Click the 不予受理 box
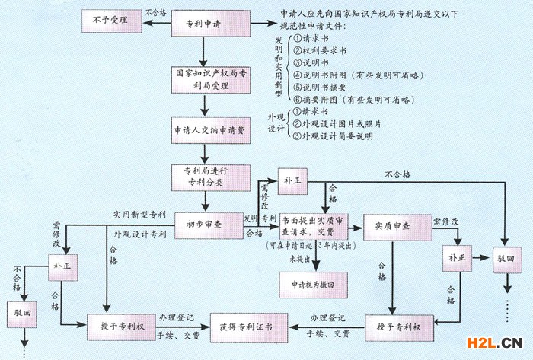[x=112, y=22]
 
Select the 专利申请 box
[x=204, y=24]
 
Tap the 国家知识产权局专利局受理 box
[x=204, y=79]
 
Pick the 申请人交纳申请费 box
[x=204, y=130]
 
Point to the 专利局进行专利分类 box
[x=204, y=177]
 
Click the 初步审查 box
[x=204, y=225]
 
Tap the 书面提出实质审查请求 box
[x=312, y=225]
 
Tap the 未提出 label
[x=298, y=260]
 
